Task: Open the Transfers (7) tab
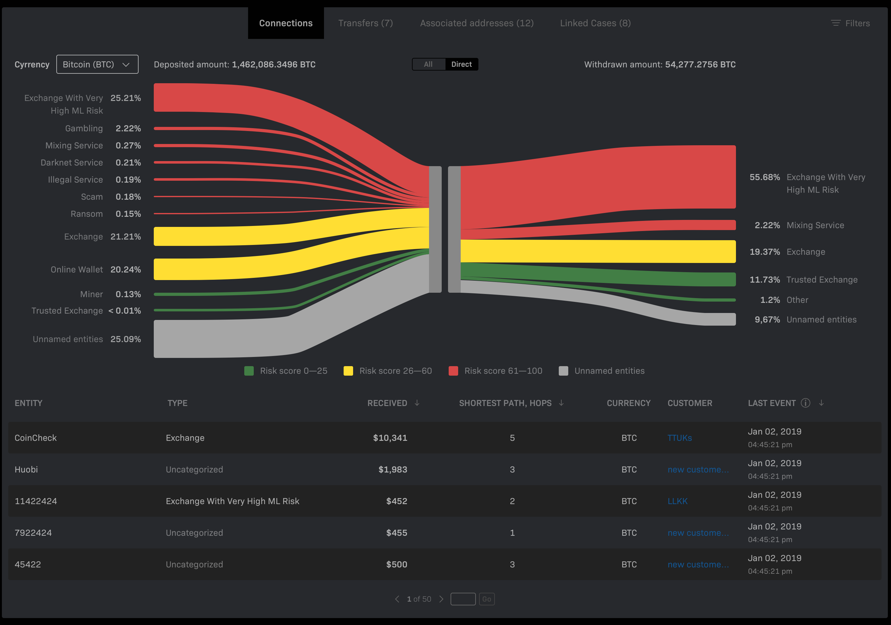pyautogui.click(x=365, y=23)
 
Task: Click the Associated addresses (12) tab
pyautogui.click(x=477, y=23)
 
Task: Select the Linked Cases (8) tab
pyautogui.click(x=595, y=23)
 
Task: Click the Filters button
pyautogui.click(x=850, y=23)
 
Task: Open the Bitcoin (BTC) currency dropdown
pyautogui.click(x=97, y=65)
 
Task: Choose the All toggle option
pyautogui.click(x=428, y=65)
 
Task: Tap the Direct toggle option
pyautogui.click(x=461, y=65)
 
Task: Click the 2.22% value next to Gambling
pyautogui.click(x=128, y=128)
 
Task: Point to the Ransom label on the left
pyautogui.click(x=87, y=214)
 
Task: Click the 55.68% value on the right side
pyautogui.click(x=764, y=178)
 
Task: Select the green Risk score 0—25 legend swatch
pyautogui.click(x=249, y=371)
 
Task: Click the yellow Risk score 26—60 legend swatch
pyautogui.click(x=348, y=371)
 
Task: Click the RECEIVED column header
pyautogui.click(x=387, y=403)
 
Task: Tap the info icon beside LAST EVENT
pyautogui.click(x=805, y=403)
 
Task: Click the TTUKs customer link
pyautogui.click(x=679, y=438)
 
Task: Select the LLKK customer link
pyautogui.click(x=677, y=501)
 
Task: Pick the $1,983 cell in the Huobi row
pyautogui.click(x=392, y=470)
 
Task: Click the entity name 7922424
pyautogui.click(x=33, y=533)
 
